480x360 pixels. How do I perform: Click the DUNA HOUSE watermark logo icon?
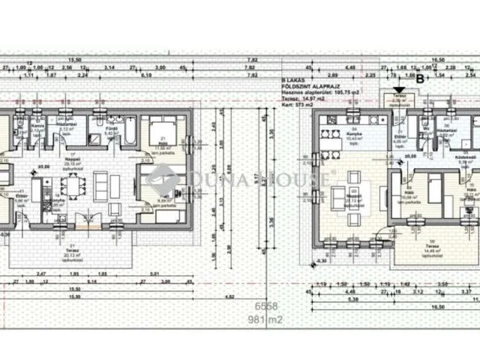(x=160, y=180)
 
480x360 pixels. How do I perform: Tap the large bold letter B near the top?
(x=420, y=77)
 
